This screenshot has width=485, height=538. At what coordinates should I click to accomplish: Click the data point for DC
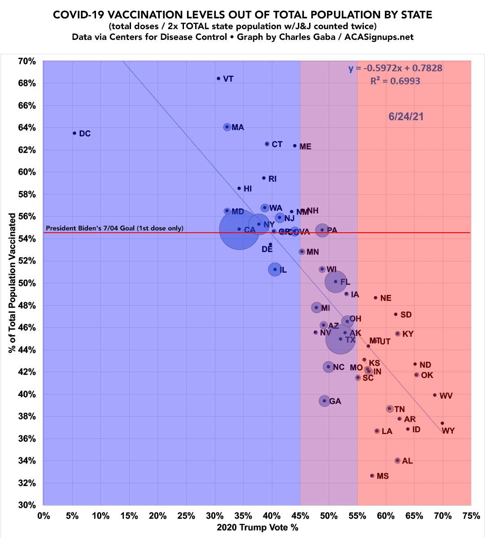74,133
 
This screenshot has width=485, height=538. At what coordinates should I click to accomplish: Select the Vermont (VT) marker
218,78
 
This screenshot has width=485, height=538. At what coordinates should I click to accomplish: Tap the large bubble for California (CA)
239,229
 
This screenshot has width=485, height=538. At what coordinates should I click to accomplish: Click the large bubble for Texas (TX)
341,339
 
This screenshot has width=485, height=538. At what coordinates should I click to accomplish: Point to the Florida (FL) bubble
335,282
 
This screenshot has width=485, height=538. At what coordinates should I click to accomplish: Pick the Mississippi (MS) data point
372,476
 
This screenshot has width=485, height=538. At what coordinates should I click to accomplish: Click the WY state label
448,431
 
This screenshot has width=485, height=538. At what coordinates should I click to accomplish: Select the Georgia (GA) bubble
324,401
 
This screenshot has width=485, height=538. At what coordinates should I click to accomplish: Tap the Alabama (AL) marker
398,460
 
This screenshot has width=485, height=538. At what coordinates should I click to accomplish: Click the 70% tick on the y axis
27,61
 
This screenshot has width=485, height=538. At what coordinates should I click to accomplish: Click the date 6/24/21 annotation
406,117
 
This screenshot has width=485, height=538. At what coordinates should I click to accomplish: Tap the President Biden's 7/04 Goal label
114,228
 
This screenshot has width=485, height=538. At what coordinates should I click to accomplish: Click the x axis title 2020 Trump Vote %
258,527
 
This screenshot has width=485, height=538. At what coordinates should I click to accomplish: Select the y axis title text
12,283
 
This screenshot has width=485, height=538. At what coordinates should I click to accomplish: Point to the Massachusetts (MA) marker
227,127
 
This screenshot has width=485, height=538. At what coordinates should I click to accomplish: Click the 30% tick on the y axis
27,505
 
